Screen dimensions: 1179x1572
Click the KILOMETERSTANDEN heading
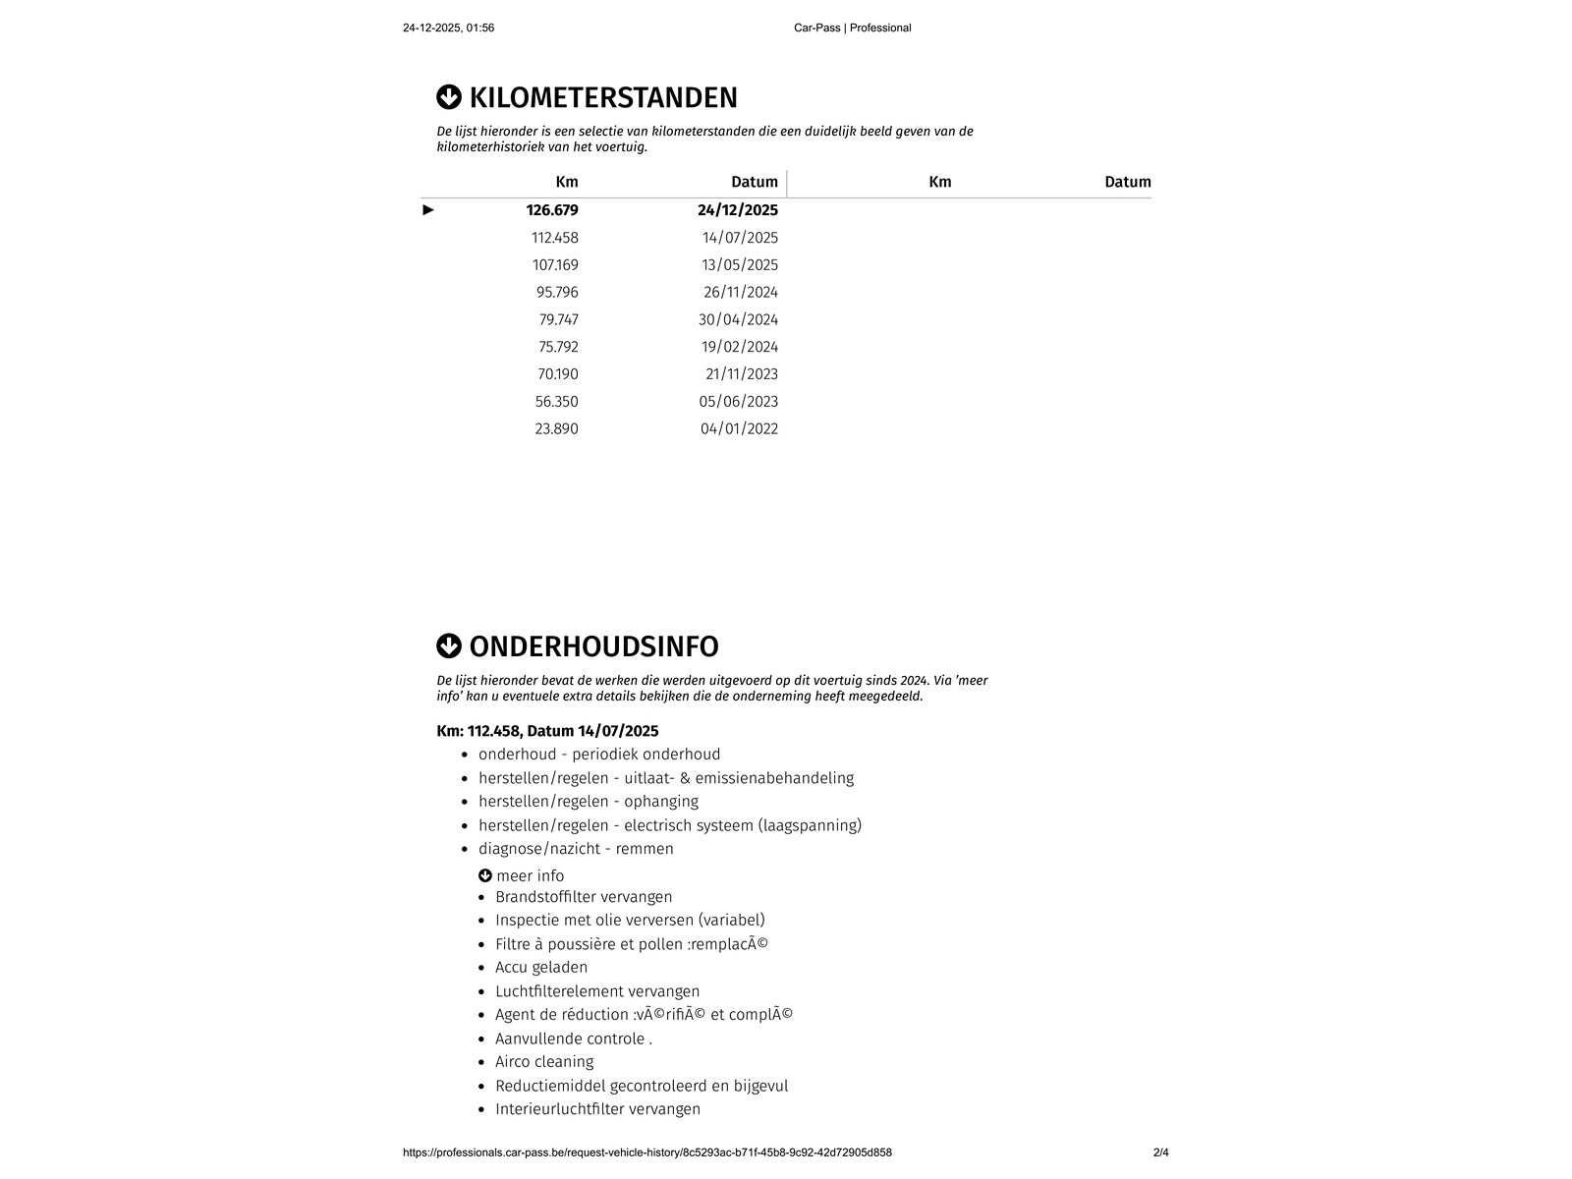(602, 98)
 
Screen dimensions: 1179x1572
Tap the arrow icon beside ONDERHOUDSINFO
(449, 646)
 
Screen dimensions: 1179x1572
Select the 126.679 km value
(552, 210)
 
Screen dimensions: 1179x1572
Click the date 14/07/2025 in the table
(740, 238)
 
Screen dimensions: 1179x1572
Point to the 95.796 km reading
(557, 293)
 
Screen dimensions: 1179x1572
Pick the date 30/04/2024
(738, 319)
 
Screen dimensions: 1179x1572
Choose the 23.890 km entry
(556, 429)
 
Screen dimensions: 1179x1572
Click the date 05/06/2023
(739, 402)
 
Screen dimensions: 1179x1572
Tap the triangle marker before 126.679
(428, 210)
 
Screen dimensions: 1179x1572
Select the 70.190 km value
(557, 374)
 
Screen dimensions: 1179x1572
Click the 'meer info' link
(530, 876)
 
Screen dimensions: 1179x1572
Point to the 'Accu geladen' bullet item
(541, 968)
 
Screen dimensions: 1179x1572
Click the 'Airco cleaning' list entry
(544, 1062)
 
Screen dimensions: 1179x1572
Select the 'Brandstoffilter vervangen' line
(584, 897)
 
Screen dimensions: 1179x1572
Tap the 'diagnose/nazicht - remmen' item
(576, 849)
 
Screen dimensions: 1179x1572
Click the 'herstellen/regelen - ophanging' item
(589, 802)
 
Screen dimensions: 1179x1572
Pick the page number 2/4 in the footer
(1160, 1152)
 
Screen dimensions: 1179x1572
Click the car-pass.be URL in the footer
(647, 1152)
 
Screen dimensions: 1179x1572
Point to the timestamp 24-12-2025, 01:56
(448, 28)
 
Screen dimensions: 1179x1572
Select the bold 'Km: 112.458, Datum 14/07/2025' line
(547, 731)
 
